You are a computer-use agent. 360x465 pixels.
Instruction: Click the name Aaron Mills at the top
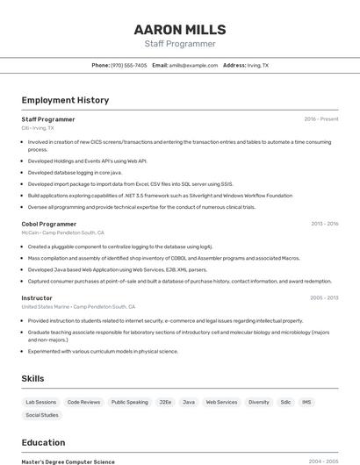coord(180,29)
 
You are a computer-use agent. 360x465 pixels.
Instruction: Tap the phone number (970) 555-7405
coord(129,65)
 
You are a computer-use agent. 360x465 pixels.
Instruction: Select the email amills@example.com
coord(193,65)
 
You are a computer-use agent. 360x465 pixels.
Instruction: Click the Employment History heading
coord(65,100)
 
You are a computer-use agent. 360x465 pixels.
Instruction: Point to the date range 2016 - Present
coord(321,118)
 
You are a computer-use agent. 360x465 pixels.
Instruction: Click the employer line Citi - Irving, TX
coord(38,128)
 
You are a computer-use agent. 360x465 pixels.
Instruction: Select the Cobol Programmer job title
coord(49,224)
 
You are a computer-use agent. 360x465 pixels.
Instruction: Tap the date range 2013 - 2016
coord(324,224)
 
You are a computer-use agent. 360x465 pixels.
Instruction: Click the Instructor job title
coord(37,297)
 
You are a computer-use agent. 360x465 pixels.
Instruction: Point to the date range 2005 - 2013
coord(324,297)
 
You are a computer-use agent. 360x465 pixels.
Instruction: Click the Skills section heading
coord(33,378)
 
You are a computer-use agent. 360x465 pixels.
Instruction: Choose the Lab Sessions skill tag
coord(40,402)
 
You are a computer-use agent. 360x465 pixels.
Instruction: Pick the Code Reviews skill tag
coord(83,402)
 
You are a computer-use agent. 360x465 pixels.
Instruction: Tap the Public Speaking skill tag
coord(130,402)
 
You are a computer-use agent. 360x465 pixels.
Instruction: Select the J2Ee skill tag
coord(165,402)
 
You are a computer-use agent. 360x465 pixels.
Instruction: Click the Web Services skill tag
coord(221,402)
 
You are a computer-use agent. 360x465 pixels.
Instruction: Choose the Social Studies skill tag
coord(42,415)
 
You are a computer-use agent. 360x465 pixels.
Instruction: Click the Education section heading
coord(44,442)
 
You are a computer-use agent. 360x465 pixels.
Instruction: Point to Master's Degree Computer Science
coord(68,461)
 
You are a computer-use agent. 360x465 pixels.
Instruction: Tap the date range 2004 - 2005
coord(323,461)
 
